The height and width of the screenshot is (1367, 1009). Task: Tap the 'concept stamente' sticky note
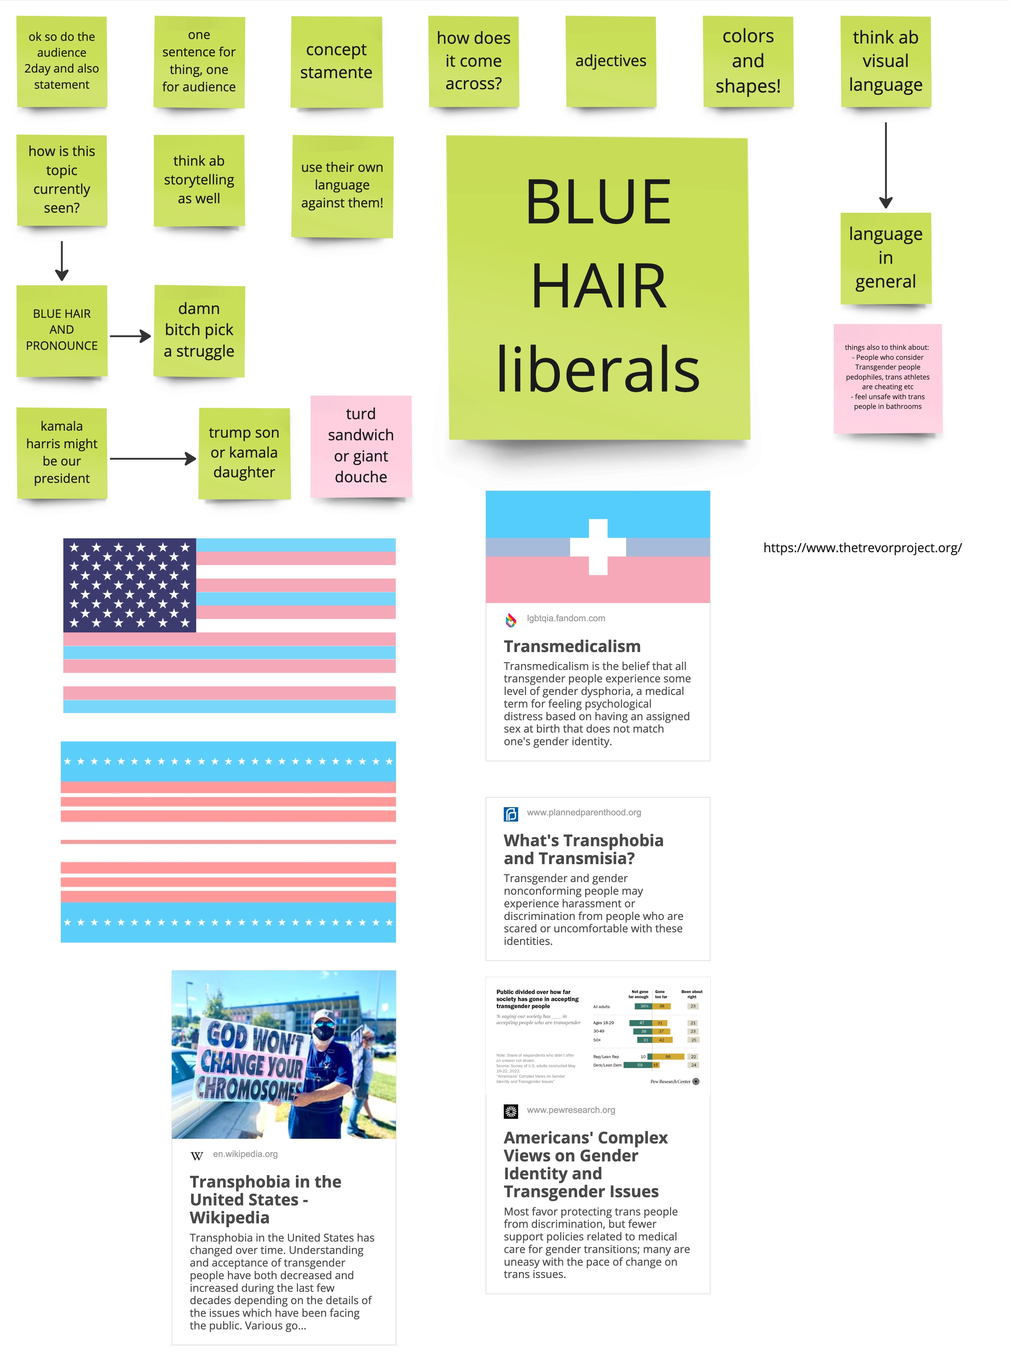click(x=336, y=61)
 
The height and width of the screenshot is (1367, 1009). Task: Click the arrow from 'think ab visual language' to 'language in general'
click(x=886, y=165)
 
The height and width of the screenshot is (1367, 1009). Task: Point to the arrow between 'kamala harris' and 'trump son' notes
click(x=153, y=458)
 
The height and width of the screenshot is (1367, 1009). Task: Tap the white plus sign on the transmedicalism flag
click(x=598, y=547)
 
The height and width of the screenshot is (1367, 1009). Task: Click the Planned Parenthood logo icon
click(x=511, y=814)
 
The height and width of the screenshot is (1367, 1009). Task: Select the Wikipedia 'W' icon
click(x=197, y=1156)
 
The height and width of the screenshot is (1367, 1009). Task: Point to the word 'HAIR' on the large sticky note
click(x=599, y=286)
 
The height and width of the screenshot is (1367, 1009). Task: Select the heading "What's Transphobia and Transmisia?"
click(x=583, y=849)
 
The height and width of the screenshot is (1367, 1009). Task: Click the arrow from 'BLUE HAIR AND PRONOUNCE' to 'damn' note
click(x=130, y=336)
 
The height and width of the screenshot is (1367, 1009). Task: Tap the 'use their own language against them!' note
click(x=342, y=185)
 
